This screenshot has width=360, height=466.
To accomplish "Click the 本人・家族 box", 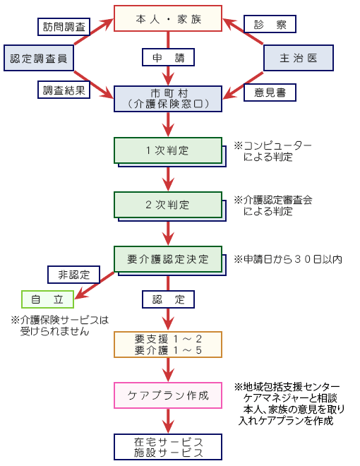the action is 168,18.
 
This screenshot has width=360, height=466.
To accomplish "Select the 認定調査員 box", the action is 39,58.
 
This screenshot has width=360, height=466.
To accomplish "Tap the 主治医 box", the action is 299,58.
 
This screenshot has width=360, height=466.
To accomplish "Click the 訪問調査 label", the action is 64,27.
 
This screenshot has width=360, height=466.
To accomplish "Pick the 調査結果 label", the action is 64,90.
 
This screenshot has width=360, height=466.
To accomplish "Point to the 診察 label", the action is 270,24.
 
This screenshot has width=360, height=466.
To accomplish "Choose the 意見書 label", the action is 270,92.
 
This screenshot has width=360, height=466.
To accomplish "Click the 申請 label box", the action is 169,57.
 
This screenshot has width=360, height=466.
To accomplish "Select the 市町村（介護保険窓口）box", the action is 168,99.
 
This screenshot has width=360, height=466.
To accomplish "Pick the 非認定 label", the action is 73,275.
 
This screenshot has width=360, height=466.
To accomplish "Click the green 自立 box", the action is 47,299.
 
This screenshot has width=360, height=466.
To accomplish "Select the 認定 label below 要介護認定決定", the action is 169,299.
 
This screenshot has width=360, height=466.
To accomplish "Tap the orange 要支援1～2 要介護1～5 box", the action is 168,345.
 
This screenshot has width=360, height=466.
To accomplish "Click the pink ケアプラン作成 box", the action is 168,395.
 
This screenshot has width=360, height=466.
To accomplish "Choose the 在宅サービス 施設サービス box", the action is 168,447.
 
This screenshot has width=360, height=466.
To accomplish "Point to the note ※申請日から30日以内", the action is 288,259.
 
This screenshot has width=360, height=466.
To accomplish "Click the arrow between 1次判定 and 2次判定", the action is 169,179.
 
